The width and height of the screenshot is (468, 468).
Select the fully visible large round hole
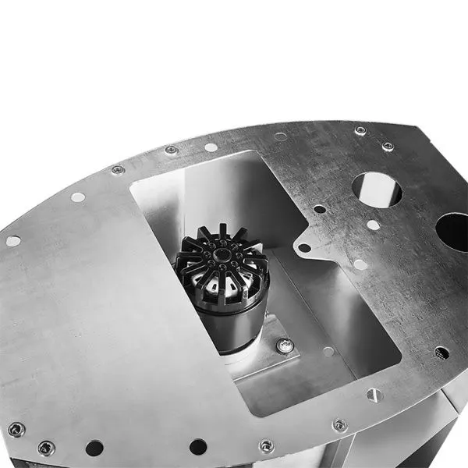coord(377,189)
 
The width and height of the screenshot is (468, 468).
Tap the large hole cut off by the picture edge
coord(453,232)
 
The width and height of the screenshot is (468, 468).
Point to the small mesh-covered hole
coord(441,353)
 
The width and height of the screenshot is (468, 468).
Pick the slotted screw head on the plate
coord(374,395)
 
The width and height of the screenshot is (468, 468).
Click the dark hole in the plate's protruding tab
coord(305,248)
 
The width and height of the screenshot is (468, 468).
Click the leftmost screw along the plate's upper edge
coord(118,170)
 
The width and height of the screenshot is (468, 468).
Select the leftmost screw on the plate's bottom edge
coord(16,428)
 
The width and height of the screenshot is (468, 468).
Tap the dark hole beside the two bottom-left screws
coord(94,448)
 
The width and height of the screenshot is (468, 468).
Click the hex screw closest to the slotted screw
coord(339,425)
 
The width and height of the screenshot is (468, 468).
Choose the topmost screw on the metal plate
coord(360,131)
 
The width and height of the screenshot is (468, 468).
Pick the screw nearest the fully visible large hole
coord(388,146)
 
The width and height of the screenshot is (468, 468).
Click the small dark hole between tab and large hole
coord(319,208)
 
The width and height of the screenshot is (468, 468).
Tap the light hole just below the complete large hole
coord(374,225)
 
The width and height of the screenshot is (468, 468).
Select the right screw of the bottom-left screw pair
coord(46,448)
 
